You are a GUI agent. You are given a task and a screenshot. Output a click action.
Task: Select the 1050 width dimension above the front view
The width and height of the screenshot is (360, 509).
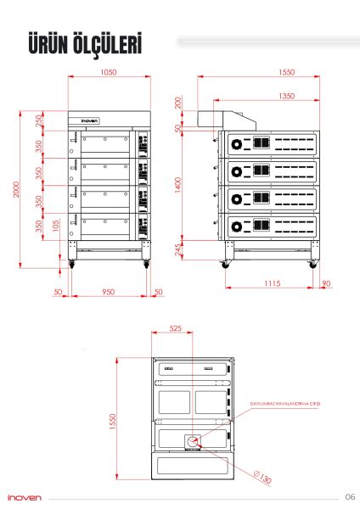(109, 73)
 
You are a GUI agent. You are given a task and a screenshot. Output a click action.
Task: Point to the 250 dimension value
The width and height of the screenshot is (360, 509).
(39, 120)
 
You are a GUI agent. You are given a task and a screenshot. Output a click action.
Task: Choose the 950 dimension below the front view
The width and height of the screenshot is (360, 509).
(109, 292)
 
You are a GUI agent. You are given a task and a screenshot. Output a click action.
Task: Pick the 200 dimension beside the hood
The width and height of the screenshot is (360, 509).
(178, 102)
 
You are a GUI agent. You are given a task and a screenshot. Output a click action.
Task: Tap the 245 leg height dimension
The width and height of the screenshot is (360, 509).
(178, 250)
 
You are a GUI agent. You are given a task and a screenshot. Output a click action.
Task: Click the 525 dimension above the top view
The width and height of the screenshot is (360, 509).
(176, 327)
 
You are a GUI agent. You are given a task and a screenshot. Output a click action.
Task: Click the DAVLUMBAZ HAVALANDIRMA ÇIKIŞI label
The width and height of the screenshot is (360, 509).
(285, 405)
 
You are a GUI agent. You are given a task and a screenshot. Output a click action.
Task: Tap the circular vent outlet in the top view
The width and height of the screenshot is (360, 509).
(193, 440)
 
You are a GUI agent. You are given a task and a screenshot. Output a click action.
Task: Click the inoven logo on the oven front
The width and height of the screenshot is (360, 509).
(91, 120)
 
